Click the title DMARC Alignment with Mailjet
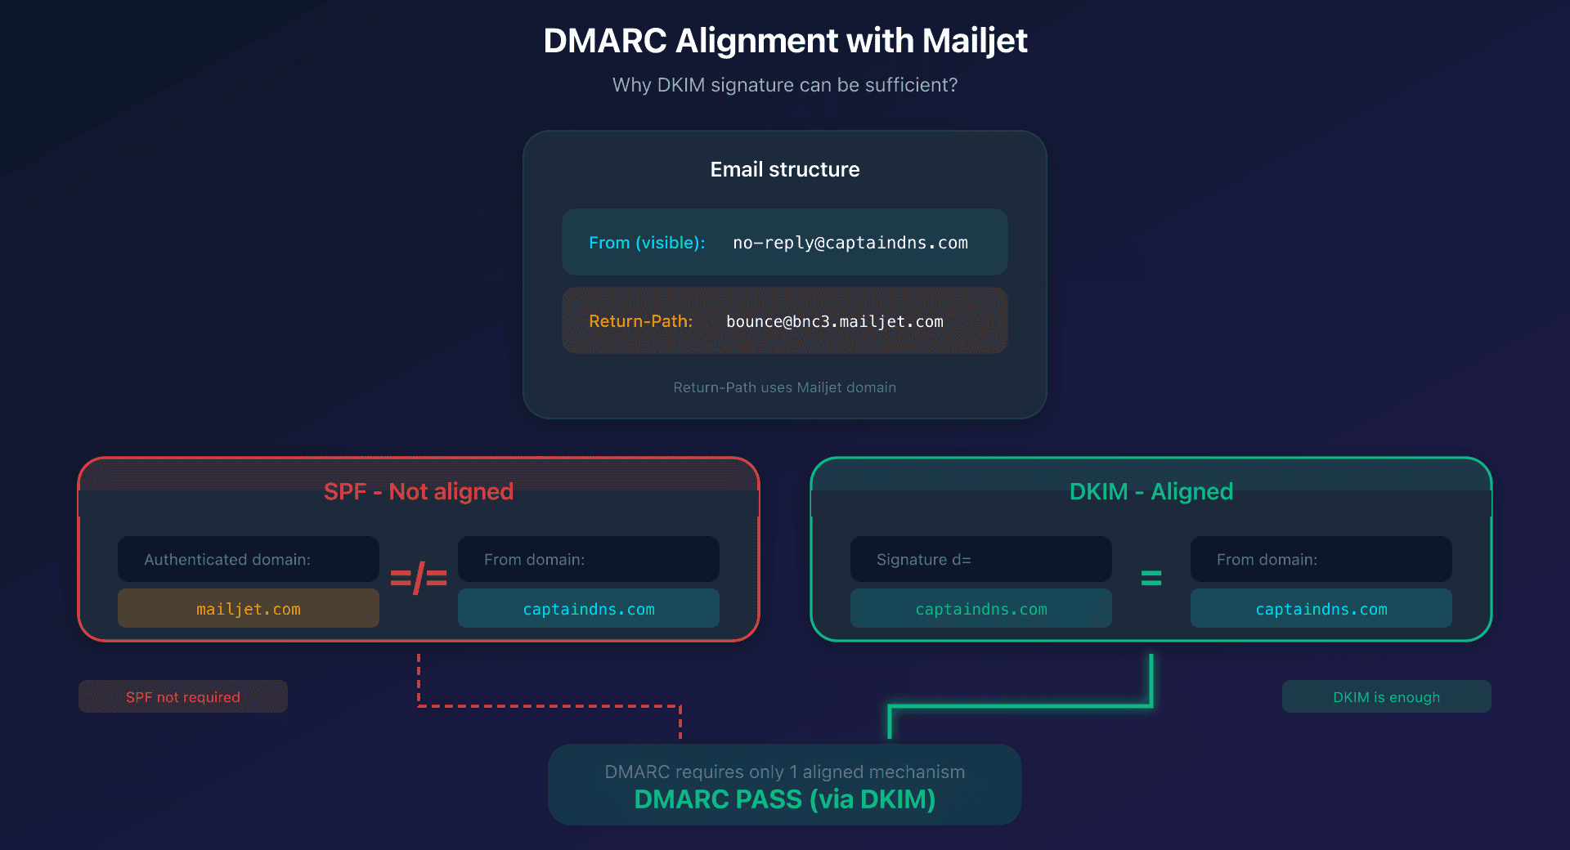click(x=785, y=41)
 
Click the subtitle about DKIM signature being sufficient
click(x=785, y=85)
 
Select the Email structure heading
click(x=785, y=169)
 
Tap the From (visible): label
click(x=647, y=243)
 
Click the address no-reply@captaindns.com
click(x=850, y=243)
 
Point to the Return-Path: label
click(x=640, y=321)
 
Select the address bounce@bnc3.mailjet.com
click(x=835, y=321)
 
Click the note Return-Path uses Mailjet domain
click(x=785, y=387)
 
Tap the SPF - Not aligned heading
click(x=419, y=491)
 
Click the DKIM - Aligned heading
click(x=1151, y=491)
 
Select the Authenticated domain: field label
click(x=227, y=560)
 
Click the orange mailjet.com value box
click(x=249, y=609)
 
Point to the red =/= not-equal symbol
click(x=419, y=579)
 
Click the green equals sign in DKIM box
click(x=1151, y=579)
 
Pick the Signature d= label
click(x=924, y=560)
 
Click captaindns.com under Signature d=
click(x=981, y=609)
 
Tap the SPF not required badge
click(x=183, y=697)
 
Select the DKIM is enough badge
click(x=1387, y=697)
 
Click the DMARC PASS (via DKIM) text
click(x=785, y=799)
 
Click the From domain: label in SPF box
click(x=534, y=560)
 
